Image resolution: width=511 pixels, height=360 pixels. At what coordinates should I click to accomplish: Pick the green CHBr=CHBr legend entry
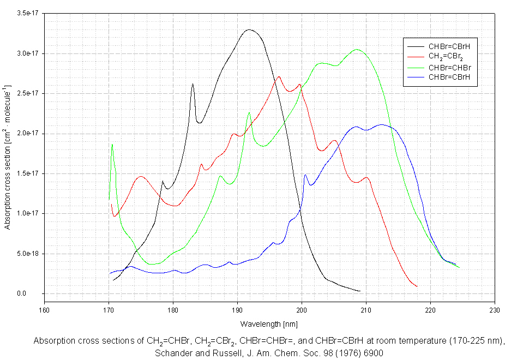click(x=449, y=67)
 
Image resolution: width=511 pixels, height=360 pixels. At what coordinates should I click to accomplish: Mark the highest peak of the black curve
click(x=250, y=29)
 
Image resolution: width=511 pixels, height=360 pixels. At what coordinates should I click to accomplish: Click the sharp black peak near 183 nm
click(x=193, y=84)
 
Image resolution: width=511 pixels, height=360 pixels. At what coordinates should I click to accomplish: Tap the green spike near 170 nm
click(x=112, y=145)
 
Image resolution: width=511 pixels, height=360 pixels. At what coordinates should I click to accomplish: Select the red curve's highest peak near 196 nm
click(x=279, y=77)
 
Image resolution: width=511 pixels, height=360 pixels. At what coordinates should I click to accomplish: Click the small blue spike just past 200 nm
click(x=305, y=175)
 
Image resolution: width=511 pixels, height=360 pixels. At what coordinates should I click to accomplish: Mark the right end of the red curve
click(x=417, y=286)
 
